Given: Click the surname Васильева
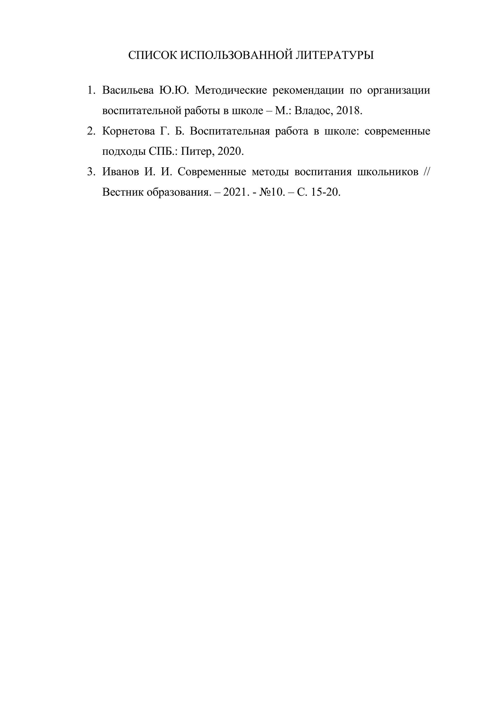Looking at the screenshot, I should click(128, 90).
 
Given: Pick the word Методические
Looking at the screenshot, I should click(231, 90).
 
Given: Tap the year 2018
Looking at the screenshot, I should click(348, 111).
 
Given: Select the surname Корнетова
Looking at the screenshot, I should click(128, 131).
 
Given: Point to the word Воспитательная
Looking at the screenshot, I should click(230, 131).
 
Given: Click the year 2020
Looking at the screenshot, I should click(230, 152).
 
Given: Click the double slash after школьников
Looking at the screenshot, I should click(426, 172).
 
